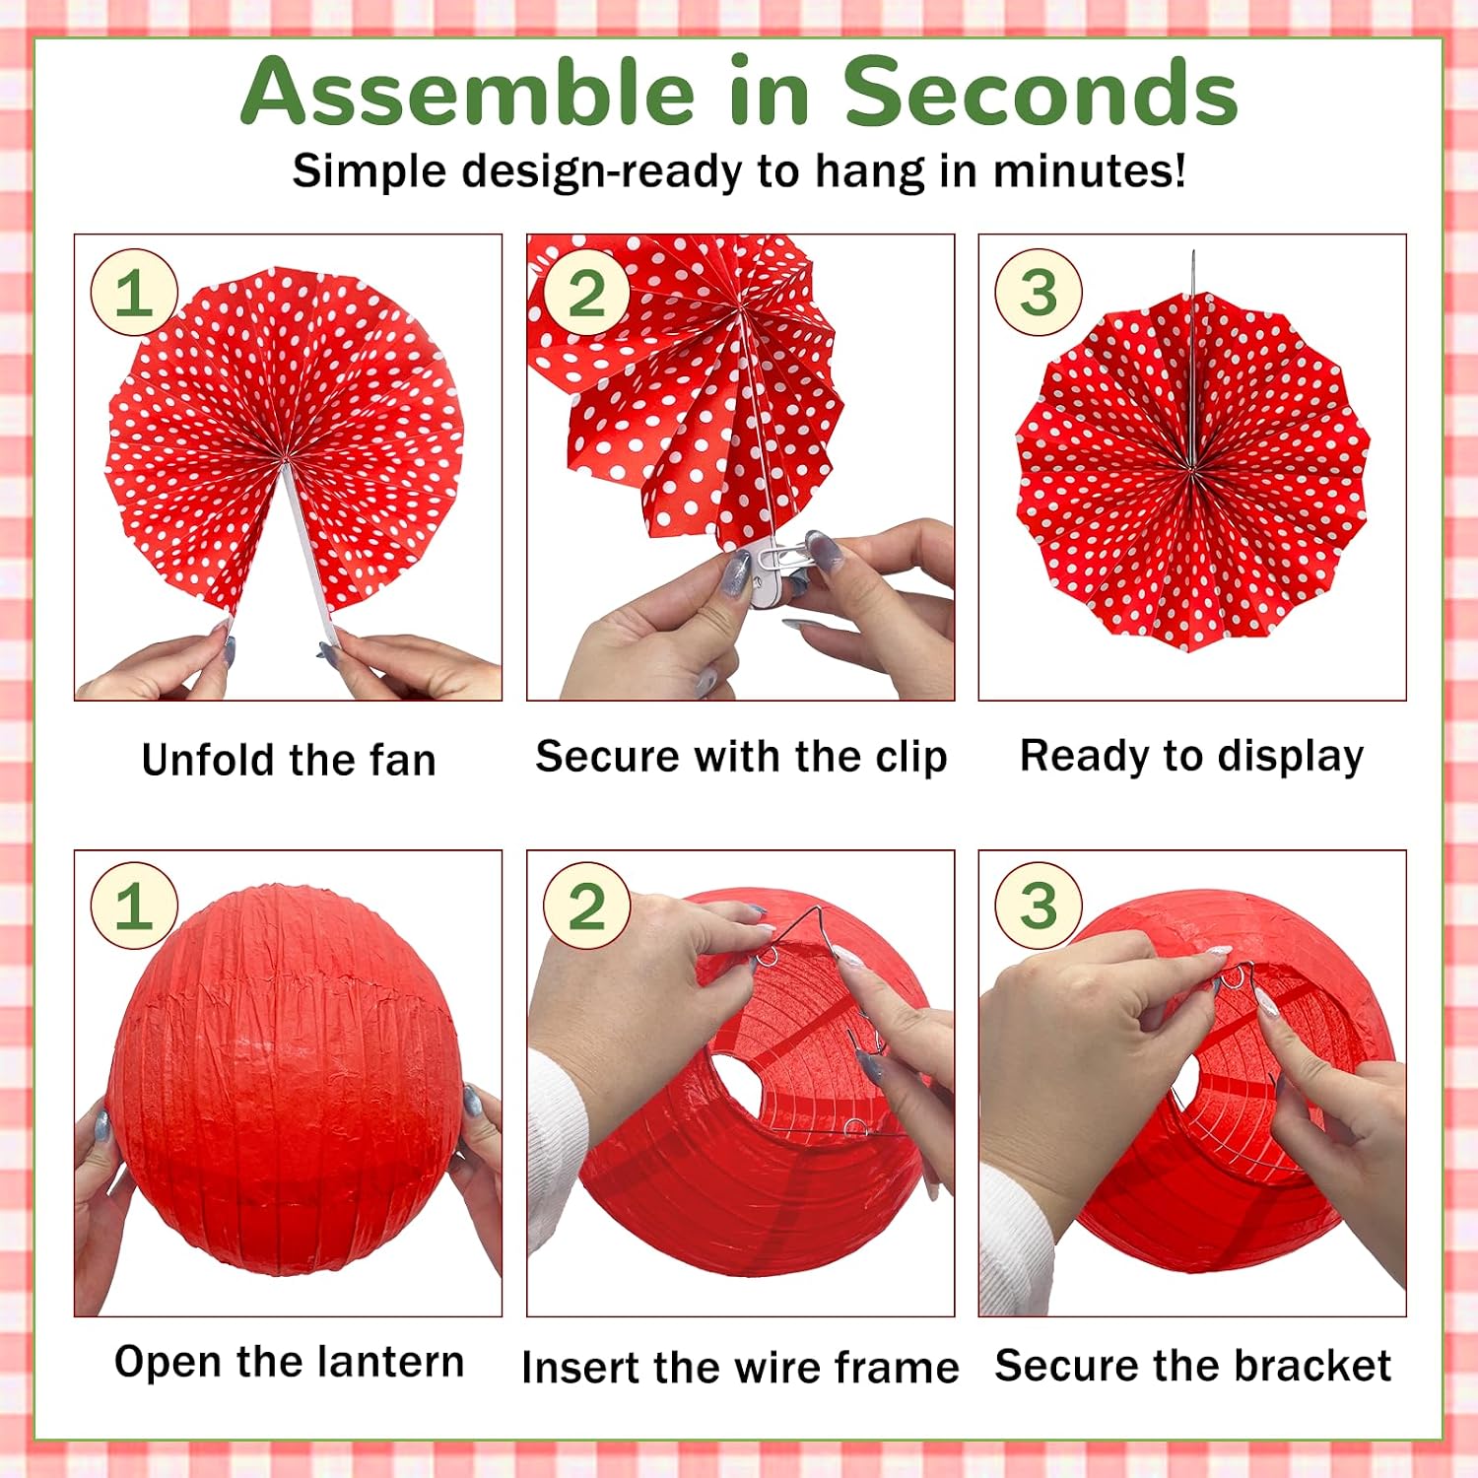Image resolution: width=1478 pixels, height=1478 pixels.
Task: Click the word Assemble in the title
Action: point(468,92)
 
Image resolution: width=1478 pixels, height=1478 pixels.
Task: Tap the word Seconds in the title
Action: point(1040,92)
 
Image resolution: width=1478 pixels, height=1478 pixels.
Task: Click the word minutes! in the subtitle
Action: point(1089,170)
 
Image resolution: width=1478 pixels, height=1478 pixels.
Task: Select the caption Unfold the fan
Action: point(289,761)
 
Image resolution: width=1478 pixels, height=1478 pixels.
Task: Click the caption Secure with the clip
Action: point(741,758)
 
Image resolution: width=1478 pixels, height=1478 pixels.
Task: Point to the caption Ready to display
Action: point(1192,757)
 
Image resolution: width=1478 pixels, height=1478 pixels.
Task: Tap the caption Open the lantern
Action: point(289,1362)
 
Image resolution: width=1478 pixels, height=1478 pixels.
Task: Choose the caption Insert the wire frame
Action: point(740,1368)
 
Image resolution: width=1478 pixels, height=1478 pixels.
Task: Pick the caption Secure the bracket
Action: point(1192,1366)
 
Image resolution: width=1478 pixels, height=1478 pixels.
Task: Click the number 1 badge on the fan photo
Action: point(134,293)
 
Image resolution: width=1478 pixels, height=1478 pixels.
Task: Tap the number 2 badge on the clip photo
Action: point(587,293)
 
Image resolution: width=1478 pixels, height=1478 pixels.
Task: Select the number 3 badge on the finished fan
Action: point(1039,293)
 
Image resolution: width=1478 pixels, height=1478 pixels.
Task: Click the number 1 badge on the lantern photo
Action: point(134,906)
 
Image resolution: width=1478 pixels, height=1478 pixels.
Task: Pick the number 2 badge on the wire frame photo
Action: point(587,906)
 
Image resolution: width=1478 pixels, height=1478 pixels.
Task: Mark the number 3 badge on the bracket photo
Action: point(1039,906)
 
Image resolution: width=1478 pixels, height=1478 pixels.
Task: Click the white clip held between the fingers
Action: point(769,576)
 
